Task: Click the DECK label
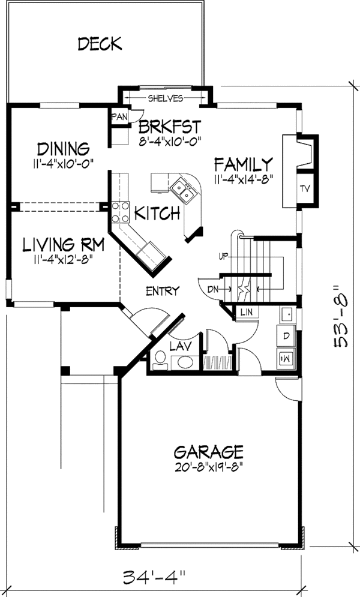pos(100,44)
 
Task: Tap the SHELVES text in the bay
pos(166,98)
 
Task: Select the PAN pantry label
pos(119,117)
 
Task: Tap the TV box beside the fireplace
pos(304,188)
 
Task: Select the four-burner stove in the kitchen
pos(120,212)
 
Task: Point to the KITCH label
pos(157,213)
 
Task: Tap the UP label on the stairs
pos(223,256)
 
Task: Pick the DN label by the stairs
pos(213,289)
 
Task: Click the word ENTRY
pos(163,291)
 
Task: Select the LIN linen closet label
pos(247,312)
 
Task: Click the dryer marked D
pos(286,336)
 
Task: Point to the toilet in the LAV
pos(160,360)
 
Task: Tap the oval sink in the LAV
pos(185,362)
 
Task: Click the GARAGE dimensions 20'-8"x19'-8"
pos(209,467)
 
